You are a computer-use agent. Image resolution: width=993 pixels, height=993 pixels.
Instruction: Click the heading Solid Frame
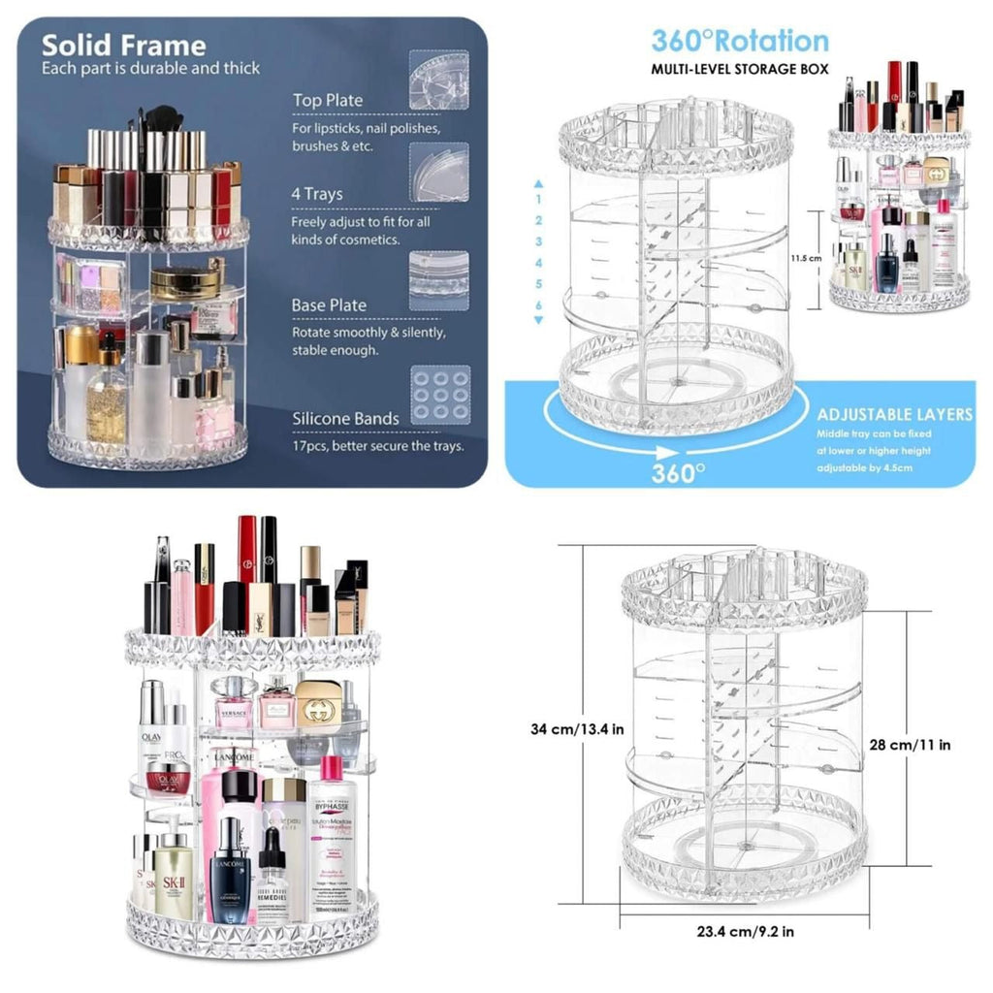[x=123, y=46]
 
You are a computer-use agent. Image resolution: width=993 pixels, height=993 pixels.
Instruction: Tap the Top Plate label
[x=328, y=101]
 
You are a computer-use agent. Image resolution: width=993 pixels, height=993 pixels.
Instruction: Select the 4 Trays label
[x=317, y=194]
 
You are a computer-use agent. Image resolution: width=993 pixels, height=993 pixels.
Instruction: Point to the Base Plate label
[x=329, y=305]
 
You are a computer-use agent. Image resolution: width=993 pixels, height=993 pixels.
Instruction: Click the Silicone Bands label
[x=345, y=418]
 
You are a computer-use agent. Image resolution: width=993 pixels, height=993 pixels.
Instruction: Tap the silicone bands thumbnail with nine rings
[x=439, y=395]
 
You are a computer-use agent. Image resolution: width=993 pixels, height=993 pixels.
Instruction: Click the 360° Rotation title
[x=740, y=41]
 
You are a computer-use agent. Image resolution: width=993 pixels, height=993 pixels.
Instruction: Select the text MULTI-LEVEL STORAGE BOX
[x=740, y=70]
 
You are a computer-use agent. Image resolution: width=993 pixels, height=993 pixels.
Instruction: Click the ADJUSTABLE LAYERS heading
[x=893, y=414]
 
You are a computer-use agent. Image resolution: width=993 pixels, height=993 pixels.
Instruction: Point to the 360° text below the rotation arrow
[x=678, y=473]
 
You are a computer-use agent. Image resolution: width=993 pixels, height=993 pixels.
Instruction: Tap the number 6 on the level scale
[x=539, y=305]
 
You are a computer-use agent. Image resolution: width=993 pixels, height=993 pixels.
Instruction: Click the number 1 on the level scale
[x=539, y=199]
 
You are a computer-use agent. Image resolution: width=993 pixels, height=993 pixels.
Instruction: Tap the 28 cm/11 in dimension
[x=910, y=745]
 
